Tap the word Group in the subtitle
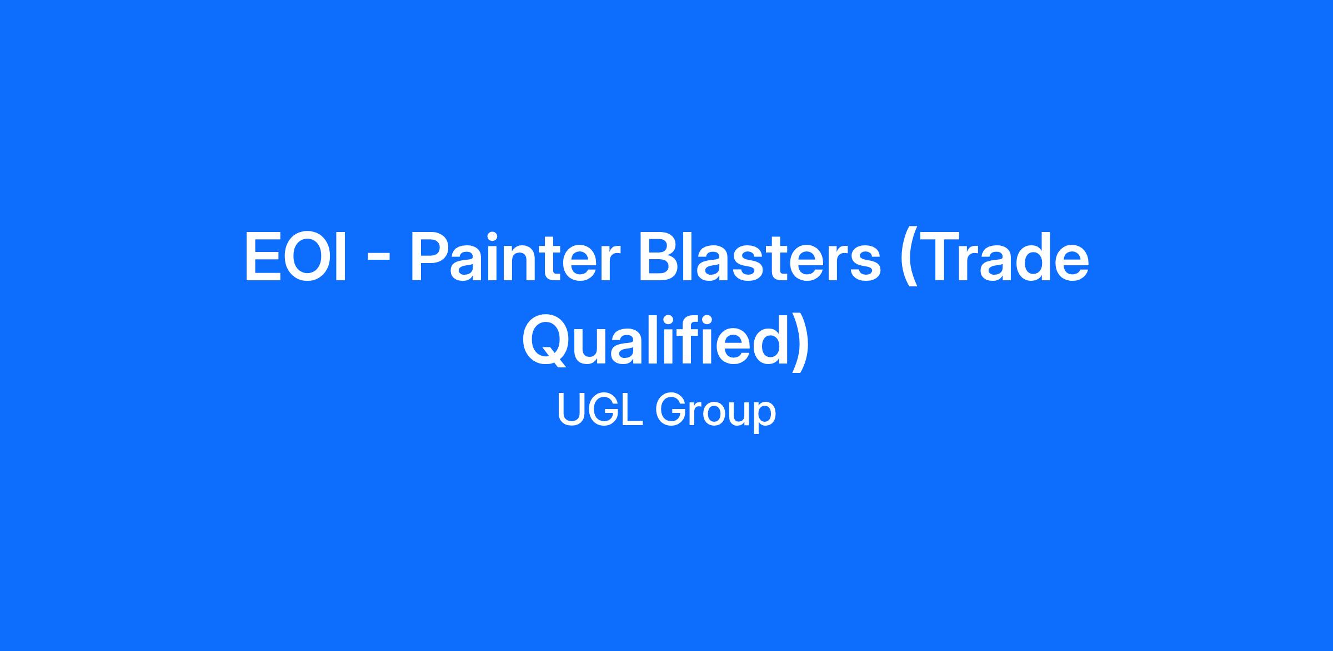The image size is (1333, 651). click(x=715, y=413)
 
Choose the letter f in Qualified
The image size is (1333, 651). click(x=698, y=340)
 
